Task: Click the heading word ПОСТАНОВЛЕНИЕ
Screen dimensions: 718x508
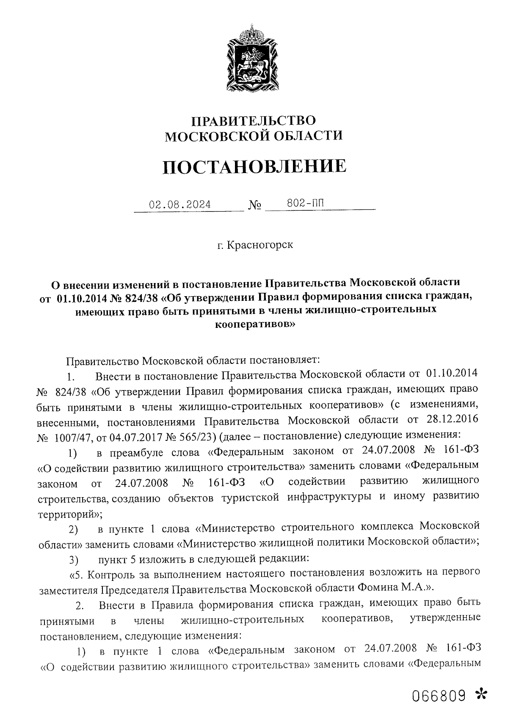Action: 254,166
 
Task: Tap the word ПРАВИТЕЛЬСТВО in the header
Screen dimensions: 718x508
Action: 254,121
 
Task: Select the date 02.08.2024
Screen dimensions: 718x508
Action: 180,205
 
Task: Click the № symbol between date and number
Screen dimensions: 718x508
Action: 255,206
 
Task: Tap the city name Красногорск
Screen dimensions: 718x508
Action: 260,245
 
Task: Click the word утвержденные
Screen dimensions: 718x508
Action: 445,619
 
